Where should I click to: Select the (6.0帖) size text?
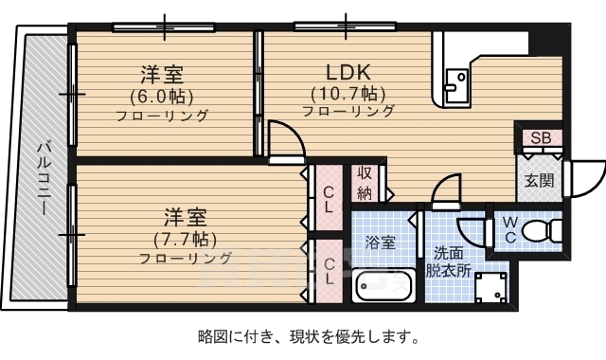coord(162,95)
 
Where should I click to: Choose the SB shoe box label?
coord(540,138)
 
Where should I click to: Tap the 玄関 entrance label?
coord(539,180)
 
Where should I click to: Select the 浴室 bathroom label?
coord(381,243)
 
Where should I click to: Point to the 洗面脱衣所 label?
coord(449,261)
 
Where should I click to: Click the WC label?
coord(508,230)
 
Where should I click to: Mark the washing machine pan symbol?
coord(490,287)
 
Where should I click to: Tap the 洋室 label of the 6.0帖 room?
coord(162,74)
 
